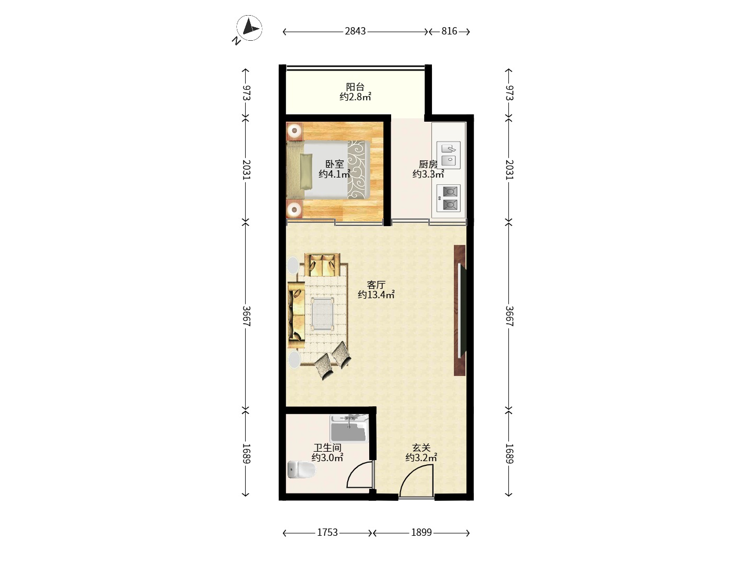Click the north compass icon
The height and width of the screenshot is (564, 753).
click(249, 29)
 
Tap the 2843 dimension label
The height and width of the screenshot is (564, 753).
click(355, 31)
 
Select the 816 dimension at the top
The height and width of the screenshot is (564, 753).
click(449, 31)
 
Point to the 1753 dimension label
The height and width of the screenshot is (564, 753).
click(327, 533)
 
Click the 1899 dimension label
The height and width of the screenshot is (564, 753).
click(421, 533)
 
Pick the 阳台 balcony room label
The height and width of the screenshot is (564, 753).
click(355, 87)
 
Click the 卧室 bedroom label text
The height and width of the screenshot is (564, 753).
click(335, 164)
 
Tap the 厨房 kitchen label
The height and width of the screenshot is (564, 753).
click(428, 164)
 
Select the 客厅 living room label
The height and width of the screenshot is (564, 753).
click(376, 285)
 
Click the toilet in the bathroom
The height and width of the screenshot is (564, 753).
click(301, 469)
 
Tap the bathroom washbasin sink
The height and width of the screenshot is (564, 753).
click(349, 428)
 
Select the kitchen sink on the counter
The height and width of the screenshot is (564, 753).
click(448, 155)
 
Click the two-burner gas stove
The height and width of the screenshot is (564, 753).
click(448, 198)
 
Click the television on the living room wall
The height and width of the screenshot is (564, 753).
click(462, 311)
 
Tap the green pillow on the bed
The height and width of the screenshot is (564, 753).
click(306, 171)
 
